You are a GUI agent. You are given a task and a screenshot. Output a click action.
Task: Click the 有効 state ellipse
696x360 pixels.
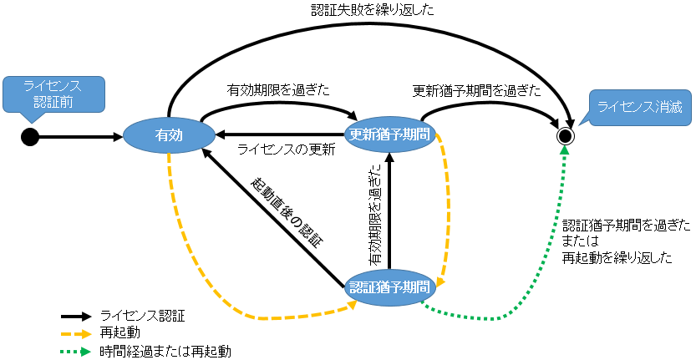(x=169, y=134)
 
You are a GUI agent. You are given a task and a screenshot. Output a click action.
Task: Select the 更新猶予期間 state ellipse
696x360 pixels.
(x=391, y=134)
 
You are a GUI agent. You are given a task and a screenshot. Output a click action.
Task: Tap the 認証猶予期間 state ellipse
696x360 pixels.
(x=391, y=286)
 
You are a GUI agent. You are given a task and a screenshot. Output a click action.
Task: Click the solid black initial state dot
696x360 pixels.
(x=30, y=135)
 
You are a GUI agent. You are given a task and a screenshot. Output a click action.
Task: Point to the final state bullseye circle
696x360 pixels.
(x=566, y=135)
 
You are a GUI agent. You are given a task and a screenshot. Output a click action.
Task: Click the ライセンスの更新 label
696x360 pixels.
(x=286, y=150)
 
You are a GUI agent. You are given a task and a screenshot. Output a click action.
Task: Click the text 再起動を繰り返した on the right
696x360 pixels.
(x=617, y=257)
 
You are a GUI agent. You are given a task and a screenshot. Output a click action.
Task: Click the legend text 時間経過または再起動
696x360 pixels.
(x=159, y=351)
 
